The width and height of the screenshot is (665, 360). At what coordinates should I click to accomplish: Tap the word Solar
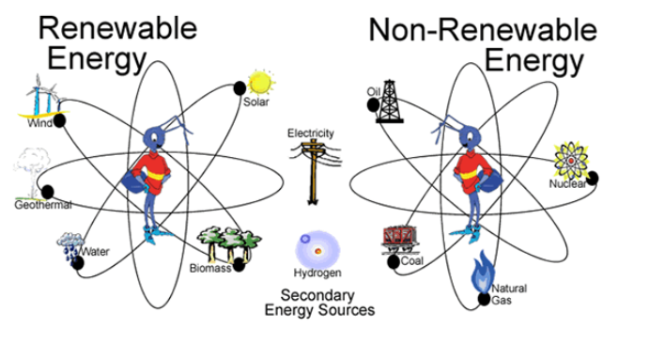[256, 102]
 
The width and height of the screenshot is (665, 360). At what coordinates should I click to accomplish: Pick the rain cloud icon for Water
[69, 243]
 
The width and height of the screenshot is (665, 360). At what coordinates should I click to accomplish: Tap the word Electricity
[311, 133]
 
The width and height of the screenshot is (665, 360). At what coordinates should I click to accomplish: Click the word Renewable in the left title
[117, 27]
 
